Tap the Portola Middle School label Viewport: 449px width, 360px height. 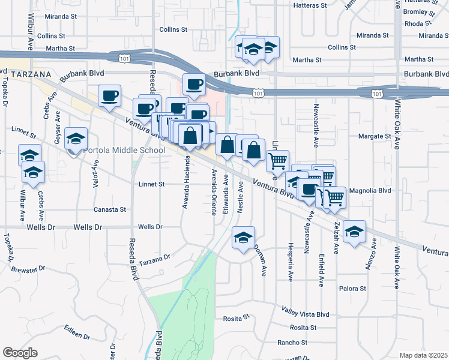[123, 150]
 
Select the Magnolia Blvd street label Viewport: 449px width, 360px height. [370, 190]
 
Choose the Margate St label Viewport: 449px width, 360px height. [375, 136]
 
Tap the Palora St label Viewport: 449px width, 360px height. [352, 289]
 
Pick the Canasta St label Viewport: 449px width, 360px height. [110, 209]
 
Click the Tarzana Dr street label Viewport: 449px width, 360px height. [155, 259]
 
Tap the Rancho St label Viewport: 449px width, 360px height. [292, 343]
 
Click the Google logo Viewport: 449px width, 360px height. [20, 353]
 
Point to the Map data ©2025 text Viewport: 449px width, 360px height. [423, 355]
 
